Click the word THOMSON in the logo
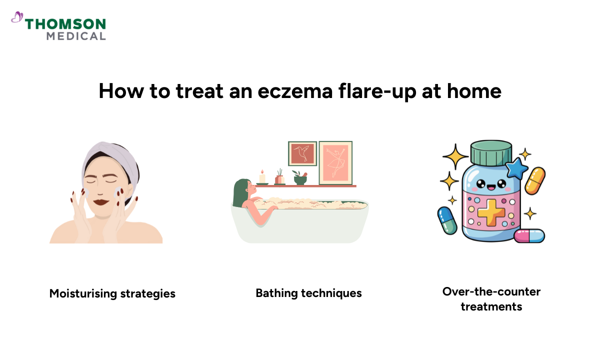click(x=65, y=24)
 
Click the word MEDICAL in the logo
click(x=76, y=36)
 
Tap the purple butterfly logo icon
click(x=17, y=17)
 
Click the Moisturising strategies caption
click(x=112, y=293)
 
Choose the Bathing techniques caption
click(x=308, y=293)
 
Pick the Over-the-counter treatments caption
click(x=491, y=298)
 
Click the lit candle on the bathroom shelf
click(x=262, y=176)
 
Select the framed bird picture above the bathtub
click(x=302, y=153)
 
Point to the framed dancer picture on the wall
click(x=335, y=162)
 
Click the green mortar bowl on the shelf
click(x=300, y=179)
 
